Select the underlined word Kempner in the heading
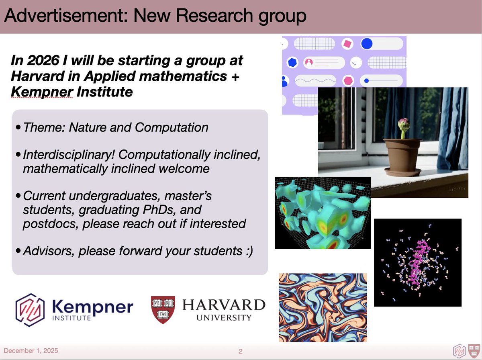41,92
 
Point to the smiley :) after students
247,251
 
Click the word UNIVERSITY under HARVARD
224,318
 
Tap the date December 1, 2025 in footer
31,351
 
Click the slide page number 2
241,351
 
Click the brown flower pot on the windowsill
402,154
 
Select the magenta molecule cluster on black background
418,262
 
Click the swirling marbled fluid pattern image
323,307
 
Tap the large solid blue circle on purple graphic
367,43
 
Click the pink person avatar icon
309,62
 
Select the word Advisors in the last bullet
49,251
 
